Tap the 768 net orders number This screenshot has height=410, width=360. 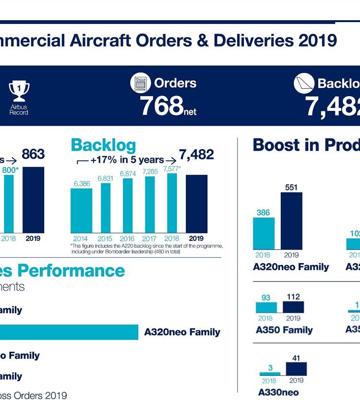click(x=162, y=106)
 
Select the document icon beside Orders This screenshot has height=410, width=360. click(x=141, y=83)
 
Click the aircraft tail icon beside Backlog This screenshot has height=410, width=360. click(x=304, y=84)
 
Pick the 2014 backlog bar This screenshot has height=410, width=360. click(x=82, y=211)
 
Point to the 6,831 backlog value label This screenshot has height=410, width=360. click(x=105, y=178)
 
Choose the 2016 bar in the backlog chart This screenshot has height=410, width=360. click(x=128, y=206)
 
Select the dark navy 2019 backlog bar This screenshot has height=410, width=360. click(x=196, y=204)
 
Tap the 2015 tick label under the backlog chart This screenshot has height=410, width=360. click(x=105, y=239)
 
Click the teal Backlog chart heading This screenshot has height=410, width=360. click(x=103, y=145)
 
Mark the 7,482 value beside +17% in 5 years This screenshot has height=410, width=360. click(x=196, y=155)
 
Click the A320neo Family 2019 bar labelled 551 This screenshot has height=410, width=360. click(x=291, y=221)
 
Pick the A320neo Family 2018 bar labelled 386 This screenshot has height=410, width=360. click(x=264, y=233)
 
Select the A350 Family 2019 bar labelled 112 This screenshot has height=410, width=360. click(x=293, y=307)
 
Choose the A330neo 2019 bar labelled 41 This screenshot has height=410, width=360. click(x=296, y=369)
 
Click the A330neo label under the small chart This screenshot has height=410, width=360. click(x=278, y=392)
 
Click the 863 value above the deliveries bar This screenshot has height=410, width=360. click(x=33, y=154)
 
